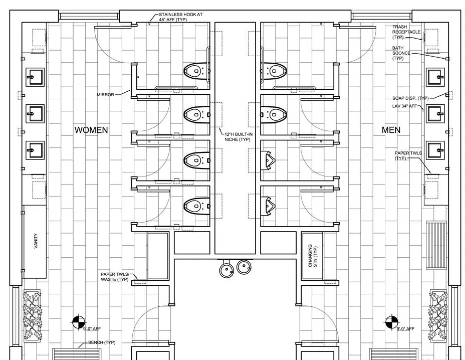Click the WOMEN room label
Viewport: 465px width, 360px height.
tap(91, 130)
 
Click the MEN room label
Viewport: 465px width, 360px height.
tap(391, 130)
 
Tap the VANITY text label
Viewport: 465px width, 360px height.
tap(36, 241)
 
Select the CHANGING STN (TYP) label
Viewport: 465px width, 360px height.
tap(312, 256)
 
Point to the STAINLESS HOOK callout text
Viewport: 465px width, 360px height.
tap(180, 17)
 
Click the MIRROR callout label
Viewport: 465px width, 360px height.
tap(105, 95)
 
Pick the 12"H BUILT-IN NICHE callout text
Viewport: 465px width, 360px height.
tap(239, 137)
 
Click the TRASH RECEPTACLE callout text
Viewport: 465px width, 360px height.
tap(406, 32)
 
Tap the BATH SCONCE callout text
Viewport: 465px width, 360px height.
tap(401, 53)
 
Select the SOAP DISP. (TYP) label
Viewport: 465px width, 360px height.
tap(410, 98)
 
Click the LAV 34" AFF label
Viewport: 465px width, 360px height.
tap(404, 106)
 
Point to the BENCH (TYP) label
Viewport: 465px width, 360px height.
tap(102, 342)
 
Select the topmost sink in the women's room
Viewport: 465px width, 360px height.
tap(35, 77)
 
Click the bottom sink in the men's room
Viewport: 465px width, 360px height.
tap(435, 150)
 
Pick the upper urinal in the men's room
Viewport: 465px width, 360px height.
tap(268, 160)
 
